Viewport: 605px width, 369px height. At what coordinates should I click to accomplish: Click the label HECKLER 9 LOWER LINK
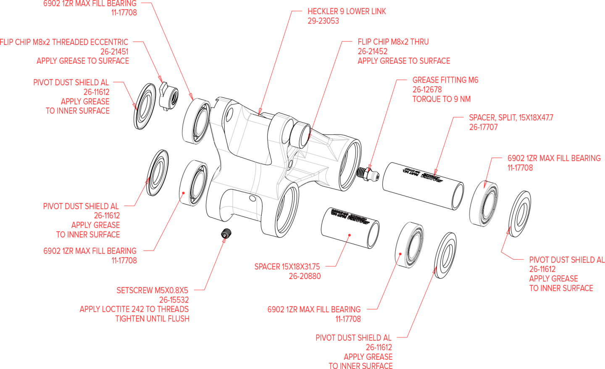[x=347, y=11]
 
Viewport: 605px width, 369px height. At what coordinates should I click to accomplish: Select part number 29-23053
[x=323, y=21]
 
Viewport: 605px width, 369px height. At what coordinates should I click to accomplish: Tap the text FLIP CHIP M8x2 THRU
[x=393, y=42]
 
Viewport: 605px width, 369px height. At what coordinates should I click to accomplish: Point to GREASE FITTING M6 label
[x=445, y=80]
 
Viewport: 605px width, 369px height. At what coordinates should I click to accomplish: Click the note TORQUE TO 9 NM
[x=441, y=99]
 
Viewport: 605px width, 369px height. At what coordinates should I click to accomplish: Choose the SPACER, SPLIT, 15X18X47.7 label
[x=511, y=118]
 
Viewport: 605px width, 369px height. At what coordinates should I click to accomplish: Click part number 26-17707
[x=483, y=127]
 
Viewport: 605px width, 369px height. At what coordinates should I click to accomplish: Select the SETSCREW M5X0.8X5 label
[x=153, y=290]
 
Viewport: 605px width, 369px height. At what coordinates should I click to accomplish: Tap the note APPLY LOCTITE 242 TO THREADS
[x=134, y=309]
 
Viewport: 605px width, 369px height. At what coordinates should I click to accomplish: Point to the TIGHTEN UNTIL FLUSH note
[x=152, y=319]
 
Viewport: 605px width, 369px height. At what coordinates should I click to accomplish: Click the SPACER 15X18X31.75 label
[x=287, y=266]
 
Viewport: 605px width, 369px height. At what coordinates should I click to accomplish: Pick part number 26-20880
[x=305, y=276]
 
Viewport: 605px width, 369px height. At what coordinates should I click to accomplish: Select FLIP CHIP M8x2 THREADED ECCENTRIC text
[x=64, y=42]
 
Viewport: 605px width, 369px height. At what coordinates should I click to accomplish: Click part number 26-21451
[x=114, y=52]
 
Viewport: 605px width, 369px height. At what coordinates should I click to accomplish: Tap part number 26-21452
[x=373, y=51]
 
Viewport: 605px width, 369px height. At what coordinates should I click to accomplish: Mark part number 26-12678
[x=427, y=90]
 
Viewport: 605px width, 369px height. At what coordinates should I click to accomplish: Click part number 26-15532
[x=174, y=300]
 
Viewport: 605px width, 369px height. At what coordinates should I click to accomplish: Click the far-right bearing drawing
[x=484, y=204]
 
